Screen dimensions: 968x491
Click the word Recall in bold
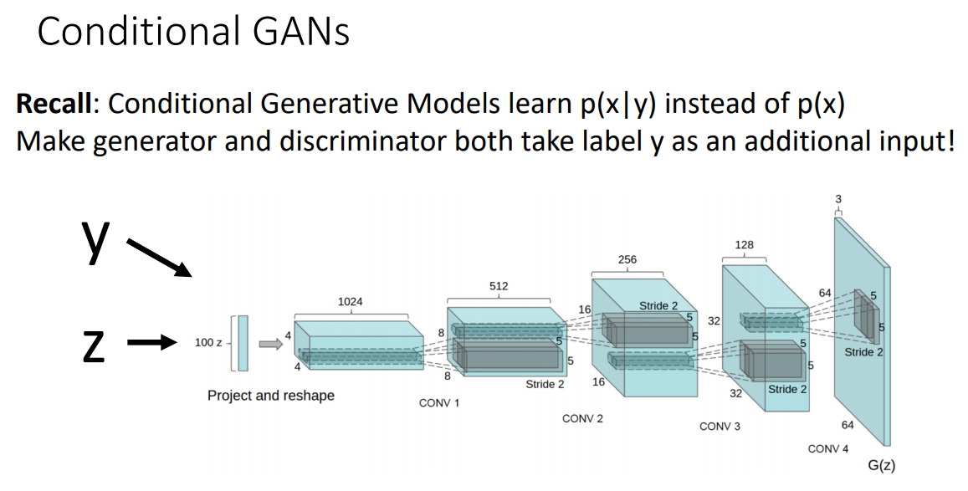pos(54,103)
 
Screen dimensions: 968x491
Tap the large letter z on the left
pos(94,346)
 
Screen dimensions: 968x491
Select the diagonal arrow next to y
pos(159,258)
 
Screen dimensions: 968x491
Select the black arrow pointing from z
pos(152,342)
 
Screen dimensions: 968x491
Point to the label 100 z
pos(208,342)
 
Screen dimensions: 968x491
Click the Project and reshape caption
pos(271,396)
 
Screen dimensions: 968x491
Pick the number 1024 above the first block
pos(350,302)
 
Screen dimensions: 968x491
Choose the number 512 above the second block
pos(499,286)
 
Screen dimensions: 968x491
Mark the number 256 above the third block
pos(627,259)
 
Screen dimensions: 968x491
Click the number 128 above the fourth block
pos(745,245)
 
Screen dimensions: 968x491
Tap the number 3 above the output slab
pos(838,198)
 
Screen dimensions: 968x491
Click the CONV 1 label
pos(439,403)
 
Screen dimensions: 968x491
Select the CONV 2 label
pos(583,419)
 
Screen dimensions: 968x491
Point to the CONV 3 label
pos(720,427)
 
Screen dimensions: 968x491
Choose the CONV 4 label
pos(828,449)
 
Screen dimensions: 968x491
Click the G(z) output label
pos(882,466)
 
